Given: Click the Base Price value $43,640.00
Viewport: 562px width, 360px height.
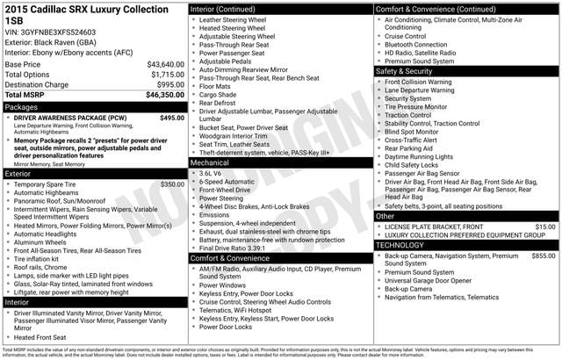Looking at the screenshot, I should (165, 64).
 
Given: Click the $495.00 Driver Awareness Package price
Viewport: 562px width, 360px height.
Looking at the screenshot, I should (172, 117).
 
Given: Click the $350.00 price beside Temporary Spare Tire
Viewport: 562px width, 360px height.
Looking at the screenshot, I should (172, 184).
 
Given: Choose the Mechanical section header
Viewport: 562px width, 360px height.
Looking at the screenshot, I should (210, 162).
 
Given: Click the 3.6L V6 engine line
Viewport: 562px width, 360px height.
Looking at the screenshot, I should (211, 173).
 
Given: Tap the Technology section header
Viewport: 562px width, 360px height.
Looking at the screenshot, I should (400, 245).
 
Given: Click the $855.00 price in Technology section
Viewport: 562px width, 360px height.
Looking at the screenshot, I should (543, 256).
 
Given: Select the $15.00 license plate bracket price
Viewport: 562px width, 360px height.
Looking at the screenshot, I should (545, 227).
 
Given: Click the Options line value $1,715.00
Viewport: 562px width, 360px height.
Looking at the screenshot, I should (167, 75).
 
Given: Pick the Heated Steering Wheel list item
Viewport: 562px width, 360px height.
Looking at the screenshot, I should (232, 28).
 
